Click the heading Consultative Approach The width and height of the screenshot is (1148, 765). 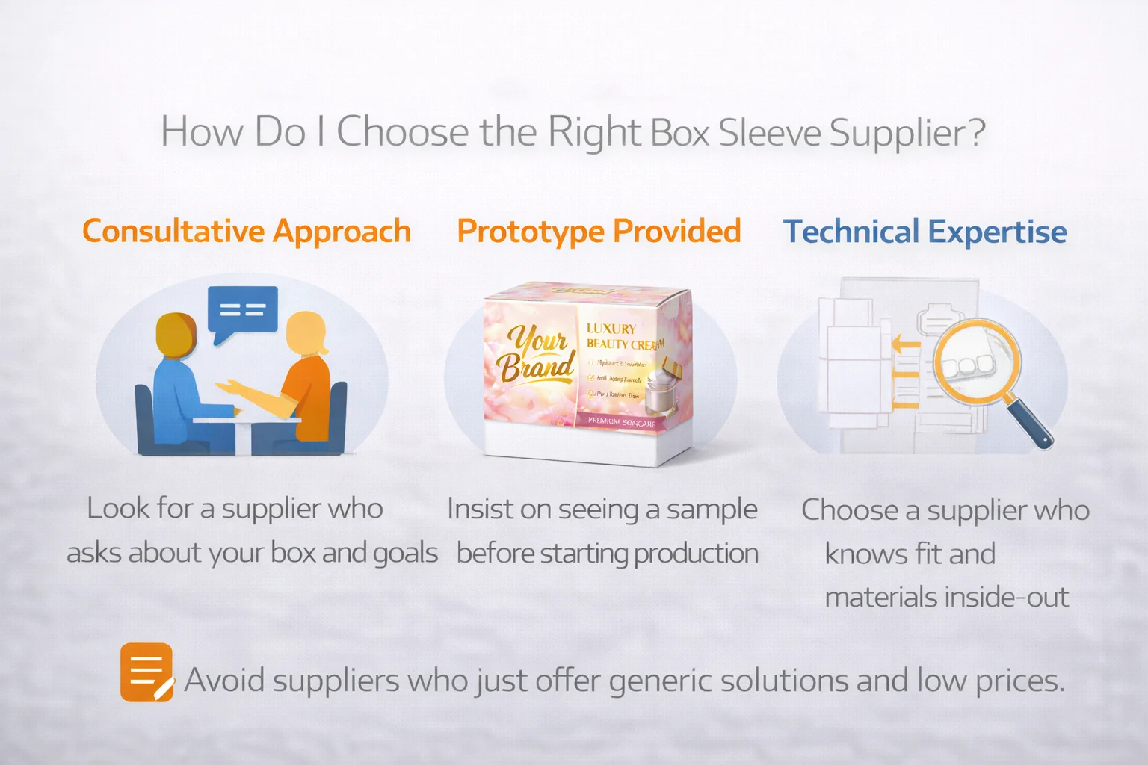[247, 232]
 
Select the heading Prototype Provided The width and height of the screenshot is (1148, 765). [599, 232]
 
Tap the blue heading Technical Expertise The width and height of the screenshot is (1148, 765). [925, 232]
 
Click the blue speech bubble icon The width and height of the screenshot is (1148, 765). [242, 312]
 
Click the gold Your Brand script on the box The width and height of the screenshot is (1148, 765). [537, 353]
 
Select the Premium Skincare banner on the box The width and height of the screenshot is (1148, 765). [620, 422]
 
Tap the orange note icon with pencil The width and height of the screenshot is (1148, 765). [147, 672]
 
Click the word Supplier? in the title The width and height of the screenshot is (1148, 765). [907, 133]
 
